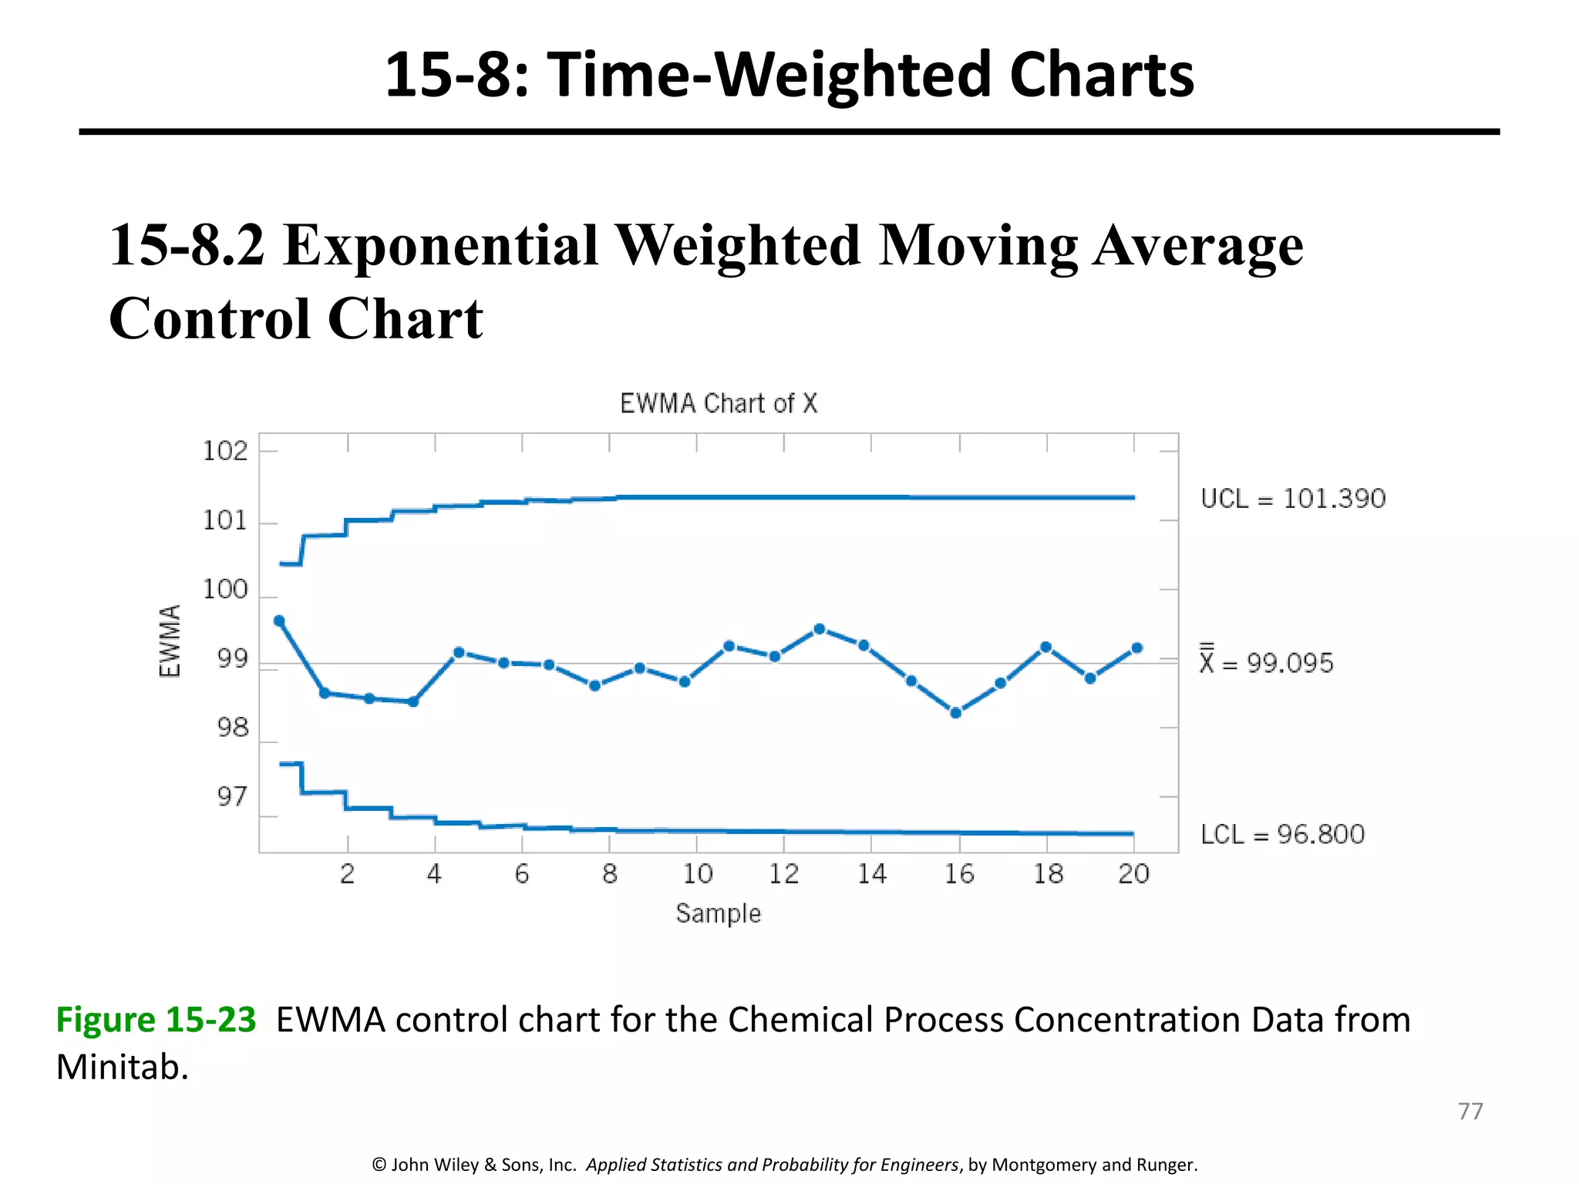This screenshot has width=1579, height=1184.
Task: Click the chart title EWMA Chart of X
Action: [x=719, y=403]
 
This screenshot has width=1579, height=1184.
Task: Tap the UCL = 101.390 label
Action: [x=1293, y=499]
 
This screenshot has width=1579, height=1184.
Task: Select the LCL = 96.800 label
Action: [x=1282, y=834]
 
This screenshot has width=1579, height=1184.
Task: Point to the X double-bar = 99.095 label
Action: [x=1266, y=662]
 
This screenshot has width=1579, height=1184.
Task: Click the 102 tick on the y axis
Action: [x=225, y=451]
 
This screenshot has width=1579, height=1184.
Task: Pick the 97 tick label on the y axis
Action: [x=232, y=796]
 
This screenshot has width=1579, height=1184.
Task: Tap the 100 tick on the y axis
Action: [x=225, y=590]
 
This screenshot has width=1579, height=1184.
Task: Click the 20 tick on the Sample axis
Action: [x=1133, y=874]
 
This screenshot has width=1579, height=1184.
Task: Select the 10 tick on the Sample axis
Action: [x=697, y=874]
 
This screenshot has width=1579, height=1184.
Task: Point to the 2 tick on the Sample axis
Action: [x=348, y=874]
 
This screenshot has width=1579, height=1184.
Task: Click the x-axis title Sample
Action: [x=718, y=913]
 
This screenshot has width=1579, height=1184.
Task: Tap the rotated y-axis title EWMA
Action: [x=170, y=641]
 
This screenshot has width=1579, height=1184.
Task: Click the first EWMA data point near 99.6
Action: [x=279, y=621]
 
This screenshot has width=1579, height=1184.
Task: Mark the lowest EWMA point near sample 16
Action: [x=956, y=713]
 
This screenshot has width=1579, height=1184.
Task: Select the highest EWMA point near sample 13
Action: [x=820, y=629]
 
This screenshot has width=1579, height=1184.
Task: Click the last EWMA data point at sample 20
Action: [x=1136, y=648]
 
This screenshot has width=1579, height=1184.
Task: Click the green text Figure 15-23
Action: [x=156, y=1019]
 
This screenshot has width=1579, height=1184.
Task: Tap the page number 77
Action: [x=1470, y=1111]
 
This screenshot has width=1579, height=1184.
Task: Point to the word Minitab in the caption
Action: [x=122, y=1068]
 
